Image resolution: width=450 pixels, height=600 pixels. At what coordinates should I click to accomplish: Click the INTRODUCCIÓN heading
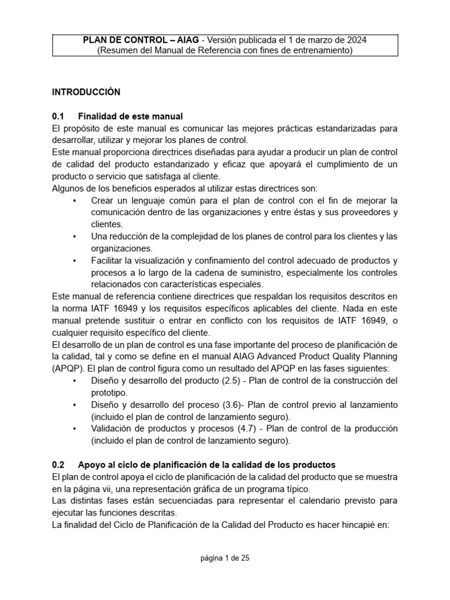(86, 92)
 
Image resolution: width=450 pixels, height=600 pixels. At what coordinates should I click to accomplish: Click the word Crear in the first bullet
(103, 200)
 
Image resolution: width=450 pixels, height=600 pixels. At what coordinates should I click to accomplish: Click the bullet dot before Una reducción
(74, 237)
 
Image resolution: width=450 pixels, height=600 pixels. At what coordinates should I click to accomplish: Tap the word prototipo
(110, 393)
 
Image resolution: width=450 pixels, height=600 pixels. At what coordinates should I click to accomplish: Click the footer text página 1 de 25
(225, 558)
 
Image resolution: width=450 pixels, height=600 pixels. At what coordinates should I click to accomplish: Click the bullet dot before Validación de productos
(74, 429)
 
